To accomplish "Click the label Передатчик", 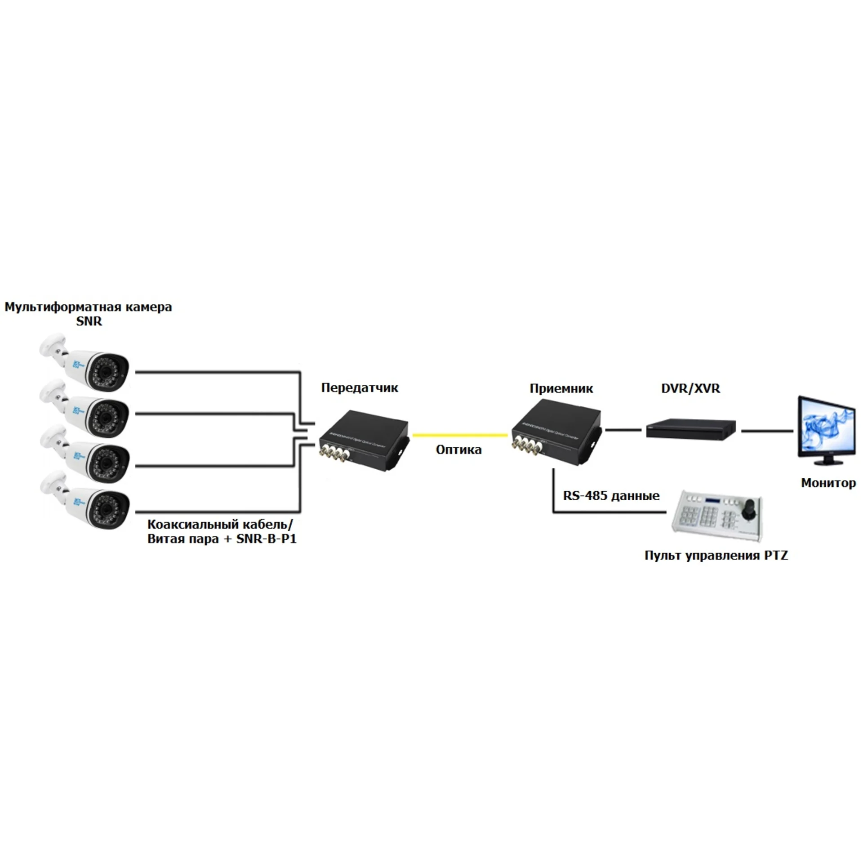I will tap(359, 388).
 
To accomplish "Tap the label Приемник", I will tap(561, 388).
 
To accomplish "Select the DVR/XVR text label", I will tap(690, 388).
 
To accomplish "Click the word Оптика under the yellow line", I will tap(458, 449).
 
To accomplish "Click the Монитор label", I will tap(828, 483).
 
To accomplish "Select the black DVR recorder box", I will tap(691, 428).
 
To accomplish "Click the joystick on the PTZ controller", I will tap(748, 510).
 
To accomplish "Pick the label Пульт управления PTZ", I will tap(716, 556).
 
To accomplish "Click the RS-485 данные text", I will tap(611, 496).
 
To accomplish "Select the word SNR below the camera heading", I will tap(89, 321).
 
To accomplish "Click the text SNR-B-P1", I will tap(267, 538).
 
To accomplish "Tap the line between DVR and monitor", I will tap(767, 431).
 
